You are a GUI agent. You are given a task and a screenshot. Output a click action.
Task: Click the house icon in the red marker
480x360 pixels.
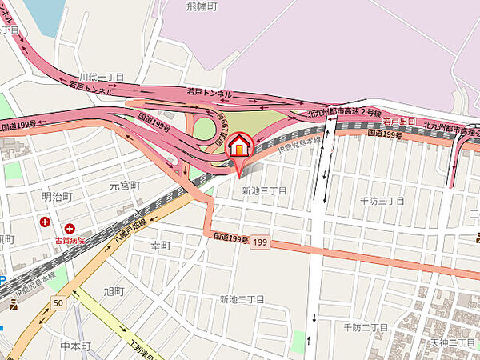239,146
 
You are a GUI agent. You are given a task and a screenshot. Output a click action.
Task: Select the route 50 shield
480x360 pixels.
58,303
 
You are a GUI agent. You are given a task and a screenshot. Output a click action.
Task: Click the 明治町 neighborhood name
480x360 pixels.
57,196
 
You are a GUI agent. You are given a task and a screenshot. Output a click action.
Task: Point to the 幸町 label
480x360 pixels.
161,245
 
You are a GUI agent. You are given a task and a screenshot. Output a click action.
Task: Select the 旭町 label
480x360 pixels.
113,290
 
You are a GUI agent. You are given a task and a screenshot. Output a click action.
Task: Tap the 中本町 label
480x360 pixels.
76,346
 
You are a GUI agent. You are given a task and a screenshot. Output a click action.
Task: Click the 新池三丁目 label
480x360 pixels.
264,191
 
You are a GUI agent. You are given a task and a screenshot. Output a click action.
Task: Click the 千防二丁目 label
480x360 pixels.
366,327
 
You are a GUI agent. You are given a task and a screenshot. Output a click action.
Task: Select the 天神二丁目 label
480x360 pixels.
454,343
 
